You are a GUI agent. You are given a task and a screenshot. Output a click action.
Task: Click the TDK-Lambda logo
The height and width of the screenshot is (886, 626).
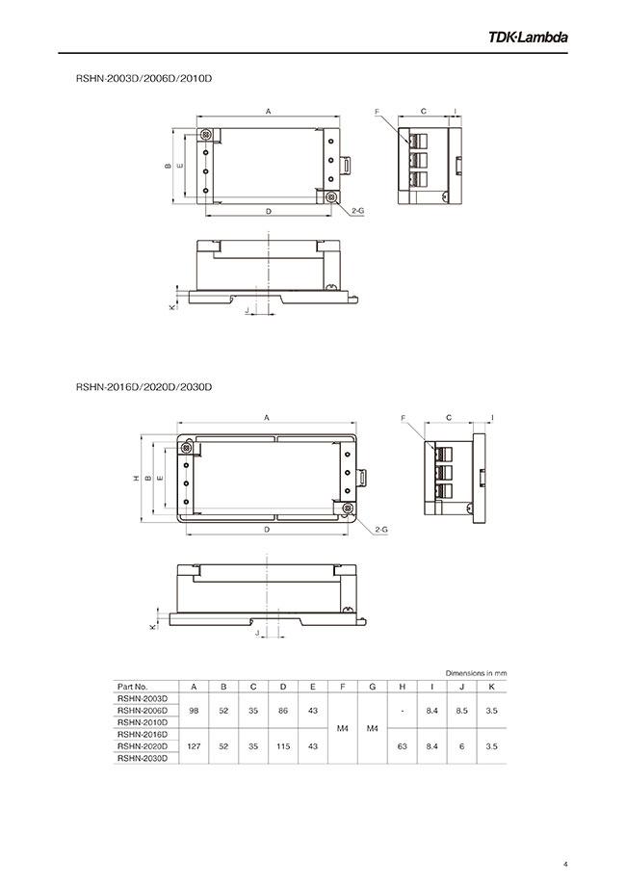pos(528,38)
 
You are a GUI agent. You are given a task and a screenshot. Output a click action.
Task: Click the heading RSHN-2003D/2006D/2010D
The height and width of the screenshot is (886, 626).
pos(143,76)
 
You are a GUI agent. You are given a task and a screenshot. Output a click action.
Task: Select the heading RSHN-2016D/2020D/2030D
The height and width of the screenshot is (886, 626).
pos(143,387)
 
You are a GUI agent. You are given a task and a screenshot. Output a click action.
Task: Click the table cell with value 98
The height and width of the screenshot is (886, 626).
pos(195,710)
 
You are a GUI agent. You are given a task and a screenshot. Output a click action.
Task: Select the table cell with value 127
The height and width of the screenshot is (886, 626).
pos(195,746)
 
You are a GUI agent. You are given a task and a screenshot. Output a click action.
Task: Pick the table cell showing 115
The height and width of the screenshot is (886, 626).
pos(283,746)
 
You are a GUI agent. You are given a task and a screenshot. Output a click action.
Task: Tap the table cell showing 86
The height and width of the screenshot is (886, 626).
pos(283,710)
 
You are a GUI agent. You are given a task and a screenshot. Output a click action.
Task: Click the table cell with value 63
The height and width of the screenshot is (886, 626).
pos(403,746)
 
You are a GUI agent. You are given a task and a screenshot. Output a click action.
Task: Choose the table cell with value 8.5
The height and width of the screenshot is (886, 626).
pos(462,710)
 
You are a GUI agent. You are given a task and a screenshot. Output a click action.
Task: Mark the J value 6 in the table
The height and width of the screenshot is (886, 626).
pos(462,746)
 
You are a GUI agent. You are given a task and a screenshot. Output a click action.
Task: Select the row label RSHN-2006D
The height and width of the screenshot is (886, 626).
pos(142,710)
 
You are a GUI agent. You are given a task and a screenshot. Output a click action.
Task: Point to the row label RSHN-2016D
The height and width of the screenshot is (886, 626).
pos(142,734)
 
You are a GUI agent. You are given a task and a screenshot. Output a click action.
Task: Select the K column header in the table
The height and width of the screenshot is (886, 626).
pos(492,686)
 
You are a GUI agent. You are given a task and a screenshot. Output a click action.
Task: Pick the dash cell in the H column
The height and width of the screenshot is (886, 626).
pos(403,710)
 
